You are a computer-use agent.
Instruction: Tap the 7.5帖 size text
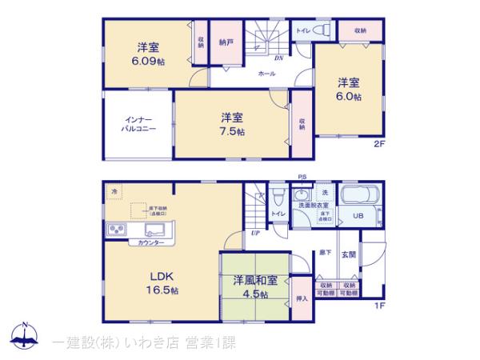233,132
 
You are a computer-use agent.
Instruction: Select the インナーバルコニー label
138,123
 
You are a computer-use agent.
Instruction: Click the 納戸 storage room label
226,41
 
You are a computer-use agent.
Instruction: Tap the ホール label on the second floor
266,74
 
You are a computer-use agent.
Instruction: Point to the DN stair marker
278,58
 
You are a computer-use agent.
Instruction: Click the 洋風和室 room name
256,281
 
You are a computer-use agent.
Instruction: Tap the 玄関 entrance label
350,254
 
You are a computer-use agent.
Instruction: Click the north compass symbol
26,335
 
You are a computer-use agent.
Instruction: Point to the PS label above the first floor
302,177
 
